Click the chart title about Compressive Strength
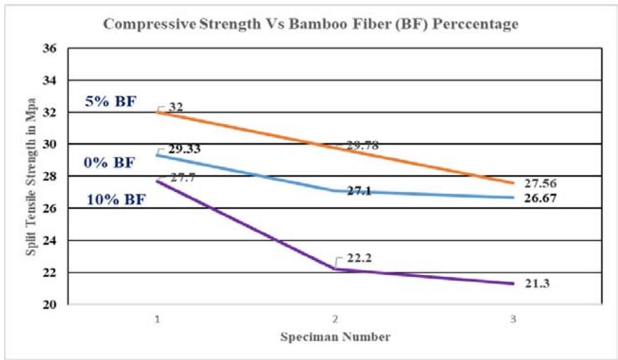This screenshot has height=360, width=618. tap(310, 23)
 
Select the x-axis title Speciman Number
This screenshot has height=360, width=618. tap(334, 337)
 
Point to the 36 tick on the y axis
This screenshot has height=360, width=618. tap(50, 49)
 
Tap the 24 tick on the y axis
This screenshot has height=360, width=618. tap(50, 241)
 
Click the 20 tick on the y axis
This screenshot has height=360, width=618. tap(50, 305)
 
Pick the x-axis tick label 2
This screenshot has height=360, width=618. tap(334, 320)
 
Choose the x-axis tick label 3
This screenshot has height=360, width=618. tap(512, 320)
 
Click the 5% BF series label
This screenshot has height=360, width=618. tap(111, 101)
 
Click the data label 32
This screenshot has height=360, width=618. tap(176, 107)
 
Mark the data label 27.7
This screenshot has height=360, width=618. tap(181, 177)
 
